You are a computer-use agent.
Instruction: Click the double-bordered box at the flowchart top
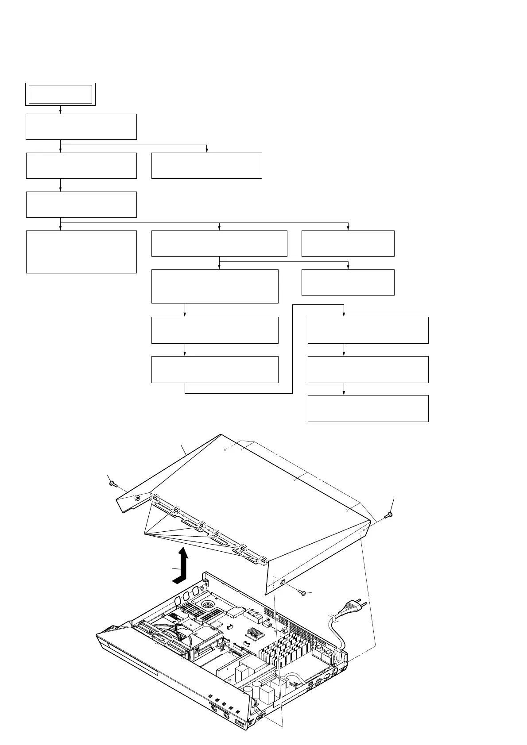click(60, 94)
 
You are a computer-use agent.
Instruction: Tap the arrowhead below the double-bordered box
click(60, 112)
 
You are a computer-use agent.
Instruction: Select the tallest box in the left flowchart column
click(81, 251)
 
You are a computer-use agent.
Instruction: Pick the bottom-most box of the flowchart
click(368, 408)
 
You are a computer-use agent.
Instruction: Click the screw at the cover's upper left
click(112, 484)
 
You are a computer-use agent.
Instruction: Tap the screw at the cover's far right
click(388, 515)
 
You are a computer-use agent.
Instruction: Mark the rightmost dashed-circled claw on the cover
click(263, 561)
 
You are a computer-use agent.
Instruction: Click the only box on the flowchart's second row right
click(206, 165)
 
